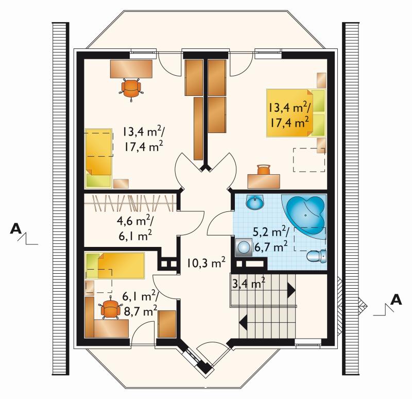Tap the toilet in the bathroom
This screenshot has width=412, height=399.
(316, 256)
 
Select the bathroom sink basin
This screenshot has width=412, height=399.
(254, 202)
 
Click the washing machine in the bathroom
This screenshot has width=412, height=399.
(244, 247)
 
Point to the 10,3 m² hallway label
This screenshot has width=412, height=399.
(207, 263)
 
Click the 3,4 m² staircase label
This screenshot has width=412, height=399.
(248, 283)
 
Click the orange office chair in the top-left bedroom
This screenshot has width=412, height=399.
(131, 88)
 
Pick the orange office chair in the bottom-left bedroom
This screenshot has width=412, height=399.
(110, 307)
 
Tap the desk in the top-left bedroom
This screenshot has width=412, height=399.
(131, 69)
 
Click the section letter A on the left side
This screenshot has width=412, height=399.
(16, 228)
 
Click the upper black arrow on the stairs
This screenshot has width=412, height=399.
(291, 290)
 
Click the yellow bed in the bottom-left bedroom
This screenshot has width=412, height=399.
(115, 265)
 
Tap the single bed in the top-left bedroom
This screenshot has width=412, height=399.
(98, 158)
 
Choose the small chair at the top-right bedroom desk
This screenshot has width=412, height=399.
(264, 170)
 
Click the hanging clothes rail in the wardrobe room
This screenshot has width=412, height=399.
(130, 203)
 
